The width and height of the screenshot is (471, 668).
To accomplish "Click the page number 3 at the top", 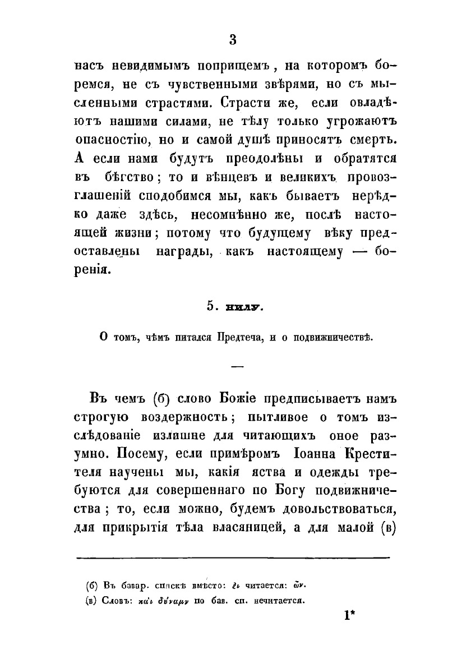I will point(234,40).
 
